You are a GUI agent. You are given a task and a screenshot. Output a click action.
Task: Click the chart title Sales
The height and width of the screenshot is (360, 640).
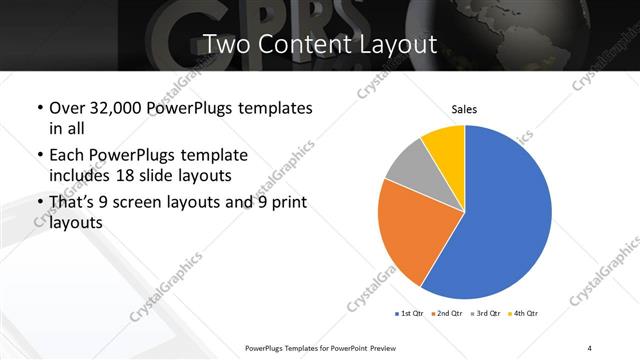(x=465, y=109)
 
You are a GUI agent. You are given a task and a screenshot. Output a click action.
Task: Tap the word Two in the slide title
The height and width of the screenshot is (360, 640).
(x=226, y=44)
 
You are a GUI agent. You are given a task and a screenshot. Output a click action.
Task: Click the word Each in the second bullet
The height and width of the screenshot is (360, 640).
(x=66, y=156)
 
